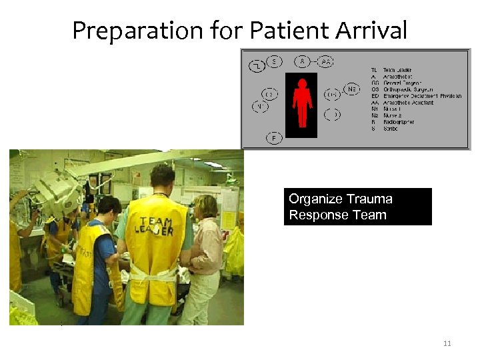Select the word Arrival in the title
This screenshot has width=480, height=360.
click(x=371, y=31)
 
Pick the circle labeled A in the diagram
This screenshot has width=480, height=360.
click(x=303, y=61)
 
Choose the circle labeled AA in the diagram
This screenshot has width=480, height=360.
click(x=326, y=61)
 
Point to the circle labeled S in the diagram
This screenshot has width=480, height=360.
click(x=274, y=61)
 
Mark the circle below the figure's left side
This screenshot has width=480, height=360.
click(x=274, y=137)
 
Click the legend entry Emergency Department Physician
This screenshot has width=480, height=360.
click(x=422, y=96)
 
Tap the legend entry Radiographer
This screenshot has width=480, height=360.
click(x=399, y=122)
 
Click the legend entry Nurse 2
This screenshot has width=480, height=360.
click(x=393, y=115)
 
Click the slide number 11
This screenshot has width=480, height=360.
click(x=447, y=343)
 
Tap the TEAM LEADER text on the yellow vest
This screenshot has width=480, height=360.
click(x=156, y=225)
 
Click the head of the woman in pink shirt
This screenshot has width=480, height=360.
click(x=206, y=207)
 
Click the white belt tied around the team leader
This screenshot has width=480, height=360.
click(x=155, y=274)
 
